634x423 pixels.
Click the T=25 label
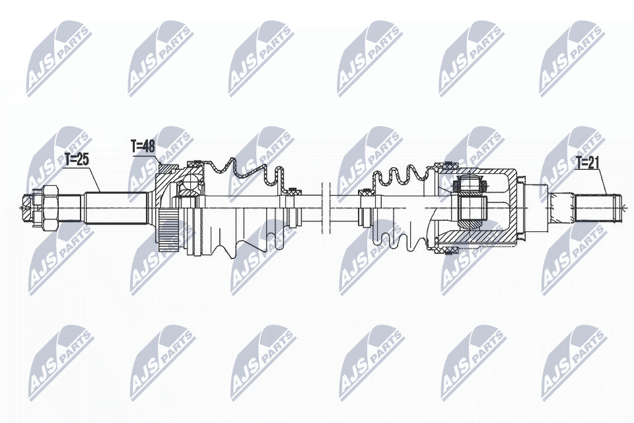76,159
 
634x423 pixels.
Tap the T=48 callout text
142,146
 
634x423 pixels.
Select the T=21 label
589,163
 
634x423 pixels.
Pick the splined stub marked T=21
597,206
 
